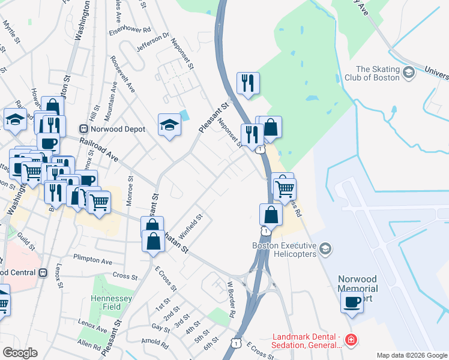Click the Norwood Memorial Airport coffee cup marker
tap(352, 302)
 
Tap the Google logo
tap(19, 353)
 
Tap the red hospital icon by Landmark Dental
tap(351, 341)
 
